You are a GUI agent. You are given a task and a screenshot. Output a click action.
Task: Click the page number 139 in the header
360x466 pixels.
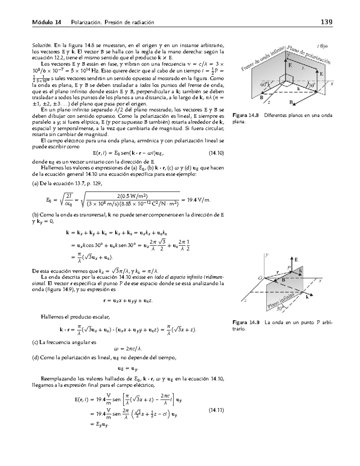coord(326,22)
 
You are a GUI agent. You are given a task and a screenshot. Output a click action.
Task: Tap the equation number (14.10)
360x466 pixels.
coord(216,153)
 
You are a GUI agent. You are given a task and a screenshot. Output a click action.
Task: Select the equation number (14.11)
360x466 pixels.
coord(216,410)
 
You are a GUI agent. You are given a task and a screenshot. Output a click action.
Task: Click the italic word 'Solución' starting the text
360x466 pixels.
coord(42,46)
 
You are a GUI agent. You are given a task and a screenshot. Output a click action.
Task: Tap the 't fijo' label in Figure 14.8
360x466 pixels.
coord(322,46)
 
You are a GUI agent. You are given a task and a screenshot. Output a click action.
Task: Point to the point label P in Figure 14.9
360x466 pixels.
coord(289,267)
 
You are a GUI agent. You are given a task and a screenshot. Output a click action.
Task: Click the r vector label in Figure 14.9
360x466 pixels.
coord(277,272)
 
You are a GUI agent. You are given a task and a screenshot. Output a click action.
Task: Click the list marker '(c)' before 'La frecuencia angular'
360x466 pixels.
coord(35,342)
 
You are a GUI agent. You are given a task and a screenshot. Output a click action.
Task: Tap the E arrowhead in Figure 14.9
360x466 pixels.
coord(292,259)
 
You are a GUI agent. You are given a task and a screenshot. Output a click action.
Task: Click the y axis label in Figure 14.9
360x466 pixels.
coord(267,255)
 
